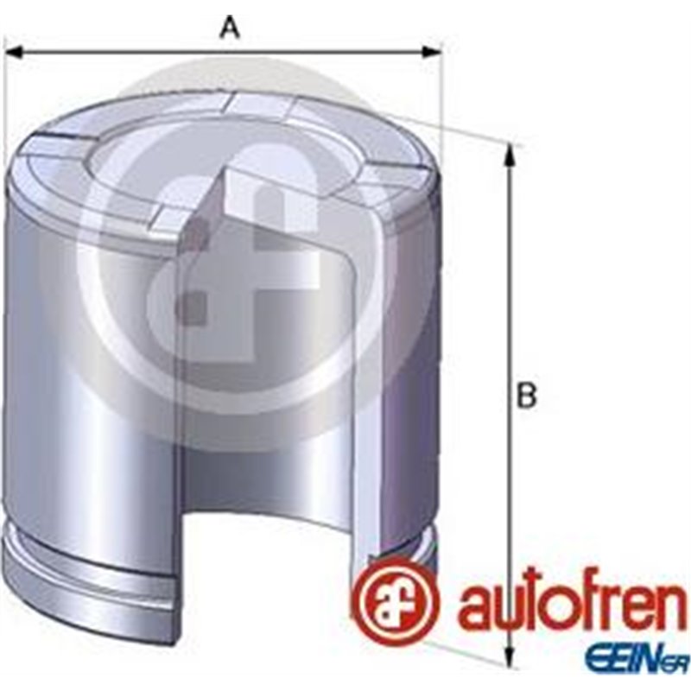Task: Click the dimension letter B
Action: (x=526, y=397)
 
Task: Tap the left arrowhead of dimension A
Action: (x=12, y=53)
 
